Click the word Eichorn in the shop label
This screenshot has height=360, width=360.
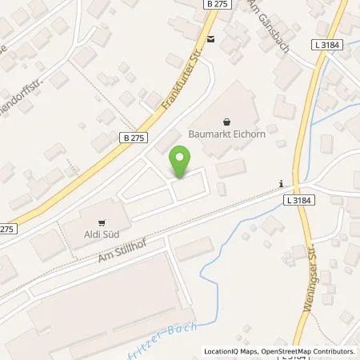click(245, 135)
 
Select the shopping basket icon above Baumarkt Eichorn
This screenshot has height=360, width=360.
click(227, 122)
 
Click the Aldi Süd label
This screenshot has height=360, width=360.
click(102, 234)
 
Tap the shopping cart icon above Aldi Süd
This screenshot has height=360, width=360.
click(102, 222)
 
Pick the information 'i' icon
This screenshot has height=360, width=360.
click(281, 184)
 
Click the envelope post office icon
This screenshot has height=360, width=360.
click(210, 38)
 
